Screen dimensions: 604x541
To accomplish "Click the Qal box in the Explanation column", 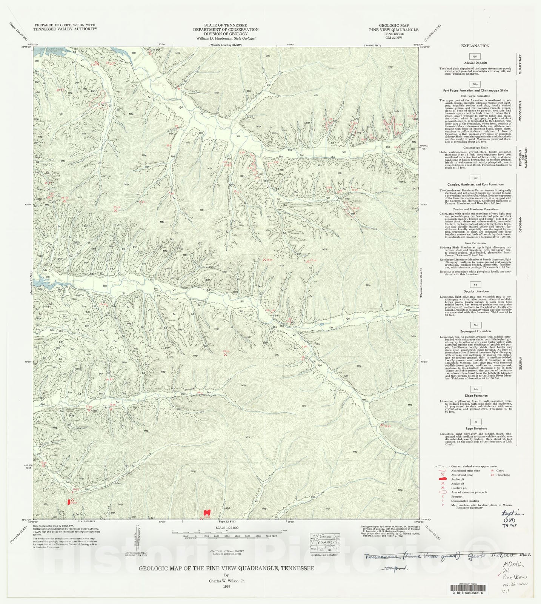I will tap(475, 56).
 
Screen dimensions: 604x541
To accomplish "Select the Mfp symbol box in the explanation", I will tap(475, 84).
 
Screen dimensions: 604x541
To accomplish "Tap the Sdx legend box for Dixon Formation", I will tap(475, 389).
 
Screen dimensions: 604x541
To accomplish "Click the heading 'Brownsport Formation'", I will tap(475, 331).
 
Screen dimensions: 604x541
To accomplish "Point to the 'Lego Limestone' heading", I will tap(475, 428).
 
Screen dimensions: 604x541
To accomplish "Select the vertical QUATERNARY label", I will tap(520, 64).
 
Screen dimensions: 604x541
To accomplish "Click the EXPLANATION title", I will tap(475, 46).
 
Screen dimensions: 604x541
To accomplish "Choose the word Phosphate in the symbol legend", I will tap(503, 475).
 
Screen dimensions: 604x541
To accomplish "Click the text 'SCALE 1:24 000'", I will tap(227, 528).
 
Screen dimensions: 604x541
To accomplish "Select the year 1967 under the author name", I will tap(226, 586).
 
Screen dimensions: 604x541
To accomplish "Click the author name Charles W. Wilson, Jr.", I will tap(227, 581).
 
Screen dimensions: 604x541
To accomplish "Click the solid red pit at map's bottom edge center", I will tap(206, 513).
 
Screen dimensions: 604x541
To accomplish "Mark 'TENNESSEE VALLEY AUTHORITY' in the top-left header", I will tap(65, 29).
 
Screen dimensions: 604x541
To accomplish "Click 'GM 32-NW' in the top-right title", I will tap(393, 38).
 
